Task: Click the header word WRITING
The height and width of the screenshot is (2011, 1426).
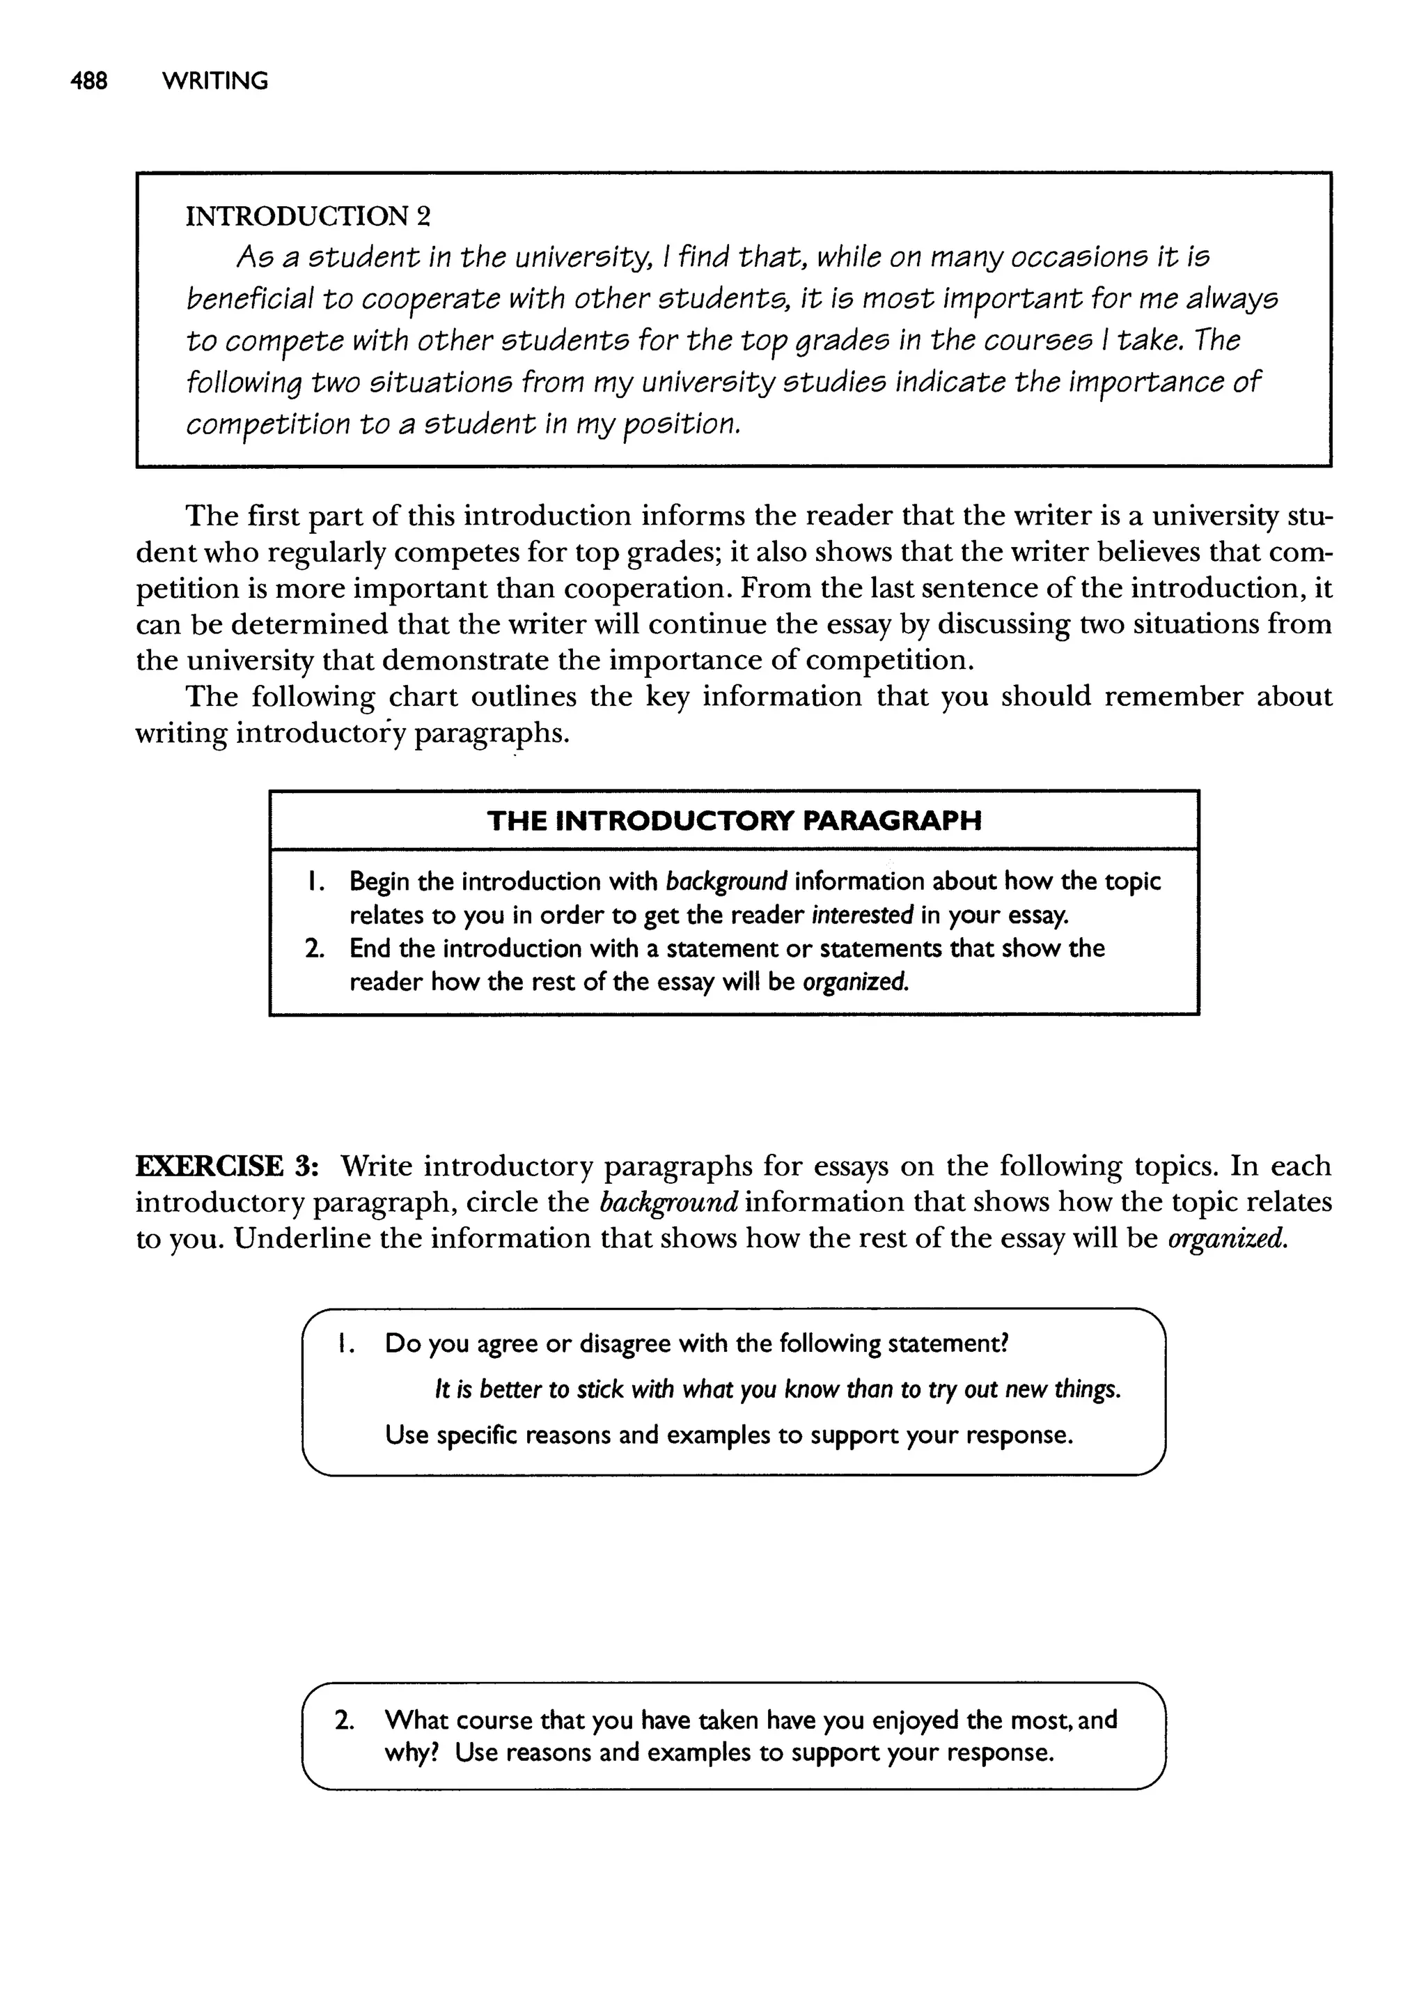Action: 215,81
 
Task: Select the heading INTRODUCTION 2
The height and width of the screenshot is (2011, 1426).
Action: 307,215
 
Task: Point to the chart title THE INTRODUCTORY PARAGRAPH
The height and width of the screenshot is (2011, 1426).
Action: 733,821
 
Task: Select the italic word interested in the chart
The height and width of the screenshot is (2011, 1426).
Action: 862,916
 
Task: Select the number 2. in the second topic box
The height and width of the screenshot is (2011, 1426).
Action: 344,1719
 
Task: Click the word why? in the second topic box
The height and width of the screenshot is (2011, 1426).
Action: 412,1752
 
